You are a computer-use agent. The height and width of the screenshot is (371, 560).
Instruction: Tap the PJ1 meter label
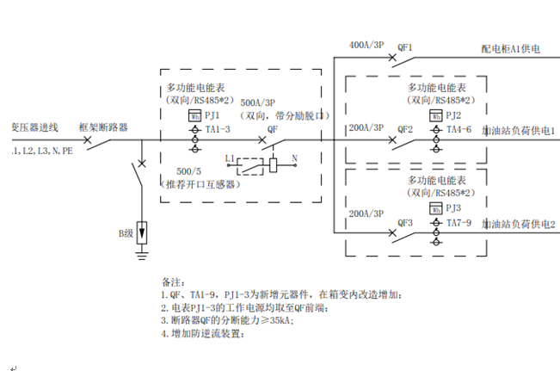pos(212,114)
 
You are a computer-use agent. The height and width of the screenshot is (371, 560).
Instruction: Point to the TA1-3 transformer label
pos(218,129)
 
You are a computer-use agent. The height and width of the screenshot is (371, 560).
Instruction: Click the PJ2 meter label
pos(453,115)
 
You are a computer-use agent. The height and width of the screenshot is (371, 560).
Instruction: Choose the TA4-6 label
pos(459,129)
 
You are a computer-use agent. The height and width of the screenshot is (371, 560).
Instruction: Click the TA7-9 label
pos(459,223)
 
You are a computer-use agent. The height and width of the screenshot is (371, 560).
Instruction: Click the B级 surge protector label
pos(126,232)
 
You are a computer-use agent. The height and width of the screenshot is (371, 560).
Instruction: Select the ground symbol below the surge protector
pos(142,254)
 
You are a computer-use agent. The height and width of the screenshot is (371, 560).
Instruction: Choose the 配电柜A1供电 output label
pos(511,52)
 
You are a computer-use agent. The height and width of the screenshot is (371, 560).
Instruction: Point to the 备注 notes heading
pos(173,281)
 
